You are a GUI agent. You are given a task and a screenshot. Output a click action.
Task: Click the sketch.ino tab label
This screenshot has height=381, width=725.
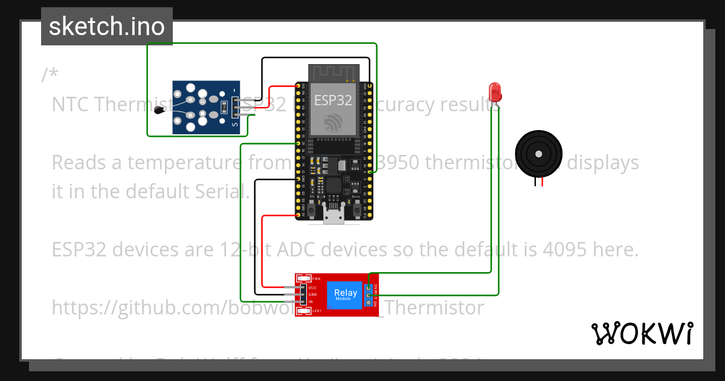click(x=107, y=27)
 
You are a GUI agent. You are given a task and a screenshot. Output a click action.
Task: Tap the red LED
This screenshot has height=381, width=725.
click(x=495, y=92)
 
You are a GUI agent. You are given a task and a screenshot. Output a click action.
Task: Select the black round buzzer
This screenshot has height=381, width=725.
click(x=538, y=154)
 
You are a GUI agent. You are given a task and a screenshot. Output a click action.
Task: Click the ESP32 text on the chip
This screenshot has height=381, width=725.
click(x=332, y=100)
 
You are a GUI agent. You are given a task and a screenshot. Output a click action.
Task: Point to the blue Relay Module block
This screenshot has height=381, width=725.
click(x=346, y=295)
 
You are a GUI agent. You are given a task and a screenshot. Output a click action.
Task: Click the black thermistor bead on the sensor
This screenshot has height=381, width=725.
click(x=161, y=109)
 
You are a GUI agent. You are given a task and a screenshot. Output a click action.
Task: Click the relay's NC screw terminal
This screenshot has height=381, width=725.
click(x=368, y=287)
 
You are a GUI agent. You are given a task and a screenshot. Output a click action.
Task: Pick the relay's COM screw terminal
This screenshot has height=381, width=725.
click(x=368, y=295)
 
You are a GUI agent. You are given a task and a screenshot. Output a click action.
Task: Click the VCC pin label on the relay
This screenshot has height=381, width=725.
click(x=312, y=288)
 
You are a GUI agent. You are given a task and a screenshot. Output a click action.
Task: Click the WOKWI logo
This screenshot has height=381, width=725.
click(x=642, y=333)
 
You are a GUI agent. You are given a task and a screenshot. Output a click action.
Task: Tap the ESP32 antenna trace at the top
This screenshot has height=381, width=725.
click(x=333, y=73)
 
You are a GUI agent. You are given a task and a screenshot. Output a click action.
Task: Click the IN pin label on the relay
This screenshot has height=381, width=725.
click(x=311, y=301)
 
